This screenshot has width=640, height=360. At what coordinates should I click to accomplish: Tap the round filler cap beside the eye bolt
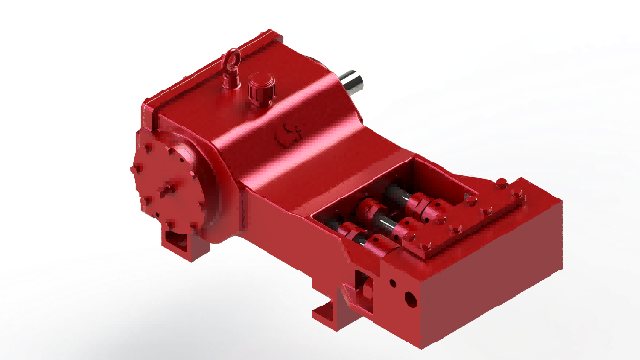pos(260,90)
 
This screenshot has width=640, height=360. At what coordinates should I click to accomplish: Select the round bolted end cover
pos(173,186)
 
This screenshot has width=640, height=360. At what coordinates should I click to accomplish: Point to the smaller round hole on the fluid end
pos(391,285)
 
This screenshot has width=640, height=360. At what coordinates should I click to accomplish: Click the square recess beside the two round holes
pos(365,283)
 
